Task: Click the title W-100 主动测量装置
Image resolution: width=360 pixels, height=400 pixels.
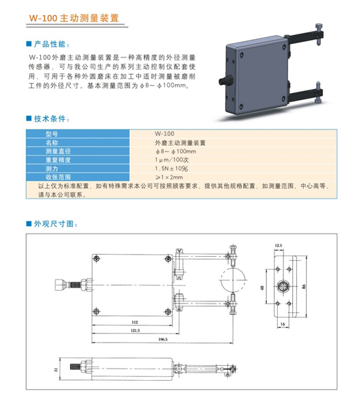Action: coord(74,18)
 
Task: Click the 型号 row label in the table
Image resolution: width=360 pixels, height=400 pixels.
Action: coord(52,134)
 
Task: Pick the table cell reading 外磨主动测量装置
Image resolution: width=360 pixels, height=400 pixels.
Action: coord(180,142)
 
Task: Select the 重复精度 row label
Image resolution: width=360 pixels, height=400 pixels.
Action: coord(58,160)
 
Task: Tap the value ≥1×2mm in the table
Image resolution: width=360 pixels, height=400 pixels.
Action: coord(169,177)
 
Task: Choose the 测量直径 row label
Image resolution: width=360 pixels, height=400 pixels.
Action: coord(58,151)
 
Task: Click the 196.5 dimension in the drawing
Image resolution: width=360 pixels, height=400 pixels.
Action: coord(163,339)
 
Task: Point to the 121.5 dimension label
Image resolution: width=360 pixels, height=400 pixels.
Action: coord(136,330)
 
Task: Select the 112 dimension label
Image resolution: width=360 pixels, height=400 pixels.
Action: coord(135,322)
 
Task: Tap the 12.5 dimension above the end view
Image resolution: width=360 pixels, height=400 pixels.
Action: coord(279,245)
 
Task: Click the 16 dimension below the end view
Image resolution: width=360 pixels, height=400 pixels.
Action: coord(283,324)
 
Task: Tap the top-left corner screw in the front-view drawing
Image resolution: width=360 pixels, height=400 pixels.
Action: coord(97,258)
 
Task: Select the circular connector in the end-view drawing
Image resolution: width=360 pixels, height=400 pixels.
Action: coord(283,286)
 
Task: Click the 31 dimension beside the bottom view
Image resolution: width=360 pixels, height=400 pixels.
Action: coord(56,369)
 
